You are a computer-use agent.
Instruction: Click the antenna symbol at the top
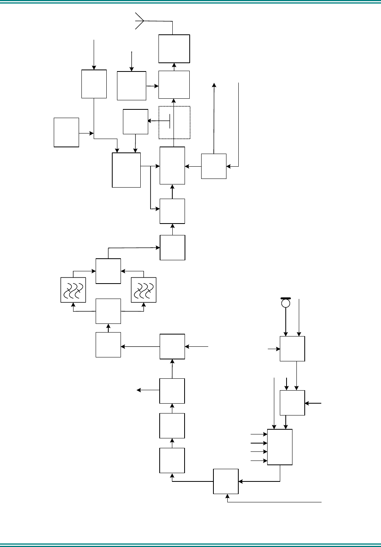click(x=139, y=21)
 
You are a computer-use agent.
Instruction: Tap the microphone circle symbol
click(x=286, y=303)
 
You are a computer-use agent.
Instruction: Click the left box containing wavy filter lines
click(x=73, y=290)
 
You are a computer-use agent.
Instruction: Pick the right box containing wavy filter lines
click(x=143, y=290)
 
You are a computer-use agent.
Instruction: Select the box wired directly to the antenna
click(x=174, y=49)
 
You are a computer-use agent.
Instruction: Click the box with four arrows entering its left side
click(x=280, y=447)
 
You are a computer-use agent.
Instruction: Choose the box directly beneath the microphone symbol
click(x=292, y=349)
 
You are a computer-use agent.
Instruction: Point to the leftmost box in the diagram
click(x=66, y=132)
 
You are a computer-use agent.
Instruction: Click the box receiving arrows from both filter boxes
click(x=108, y=271)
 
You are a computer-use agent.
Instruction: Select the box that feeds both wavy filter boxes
click(x=108, y=311)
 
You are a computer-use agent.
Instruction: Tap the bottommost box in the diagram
click(x=226, y=481)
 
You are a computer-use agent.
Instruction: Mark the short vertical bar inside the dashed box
click(x=170, y=121)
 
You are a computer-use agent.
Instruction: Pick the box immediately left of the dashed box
click(x=136, y=122)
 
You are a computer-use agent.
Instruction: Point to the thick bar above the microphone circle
click(x=286, y=298)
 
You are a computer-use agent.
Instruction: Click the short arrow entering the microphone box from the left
click(x=273, y=349)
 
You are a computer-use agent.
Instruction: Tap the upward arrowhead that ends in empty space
click(x=214, y=85)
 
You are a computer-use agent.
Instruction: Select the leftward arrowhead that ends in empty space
click(x=139, y=390)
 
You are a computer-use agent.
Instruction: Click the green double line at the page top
click(x=190, y=3)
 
